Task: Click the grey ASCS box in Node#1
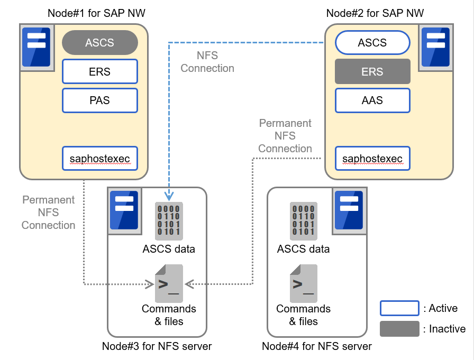pyautogui.click(x=100, y=42)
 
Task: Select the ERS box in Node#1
pyautogui.click(x=100, y=71)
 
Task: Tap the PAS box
pyautogui.click(x=100, y=100)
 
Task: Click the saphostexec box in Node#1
pyautogui.click(x=100, y=158)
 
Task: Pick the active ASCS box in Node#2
pyautogui.click(x=372, y=42)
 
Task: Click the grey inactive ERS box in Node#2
pyautogui.click(x=372, y=71)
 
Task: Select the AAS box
pyautogui.click(x=372, y=100)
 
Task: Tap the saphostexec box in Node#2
pyautogui.click(x=372, y=158)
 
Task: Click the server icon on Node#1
pyautogui.click(x=37, y=47)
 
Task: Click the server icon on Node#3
pyautogui.click(x=124, y=210)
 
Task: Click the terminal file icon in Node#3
pyautogui.click(x=169, y=283)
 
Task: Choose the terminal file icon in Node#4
pyautogui.click(x=303, y=283)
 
